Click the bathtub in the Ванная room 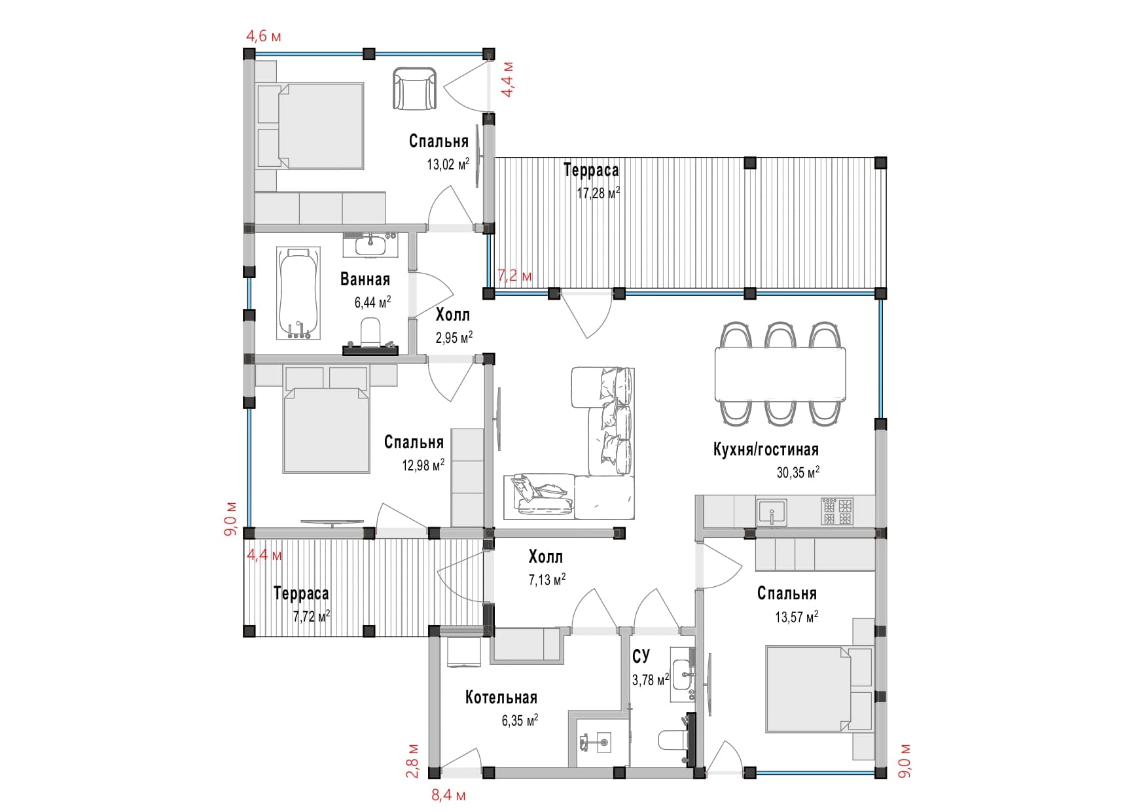coord(298,292)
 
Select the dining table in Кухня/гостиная coord(780,374)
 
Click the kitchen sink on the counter coord(772,511)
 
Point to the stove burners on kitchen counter coord(838,511)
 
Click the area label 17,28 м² coord(598,193)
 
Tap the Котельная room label coord(501,697)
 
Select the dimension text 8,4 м coord(448,796)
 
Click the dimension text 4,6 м coord(263,36)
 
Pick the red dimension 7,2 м coord(514,275)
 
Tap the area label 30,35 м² coord(798,472)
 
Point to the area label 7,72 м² coord(311,616)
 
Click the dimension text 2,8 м coord(413,760)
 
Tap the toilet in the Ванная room coord(370,332)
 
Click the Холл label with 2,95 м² coord(452,315)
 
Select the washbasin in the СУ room coord(683,674)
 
